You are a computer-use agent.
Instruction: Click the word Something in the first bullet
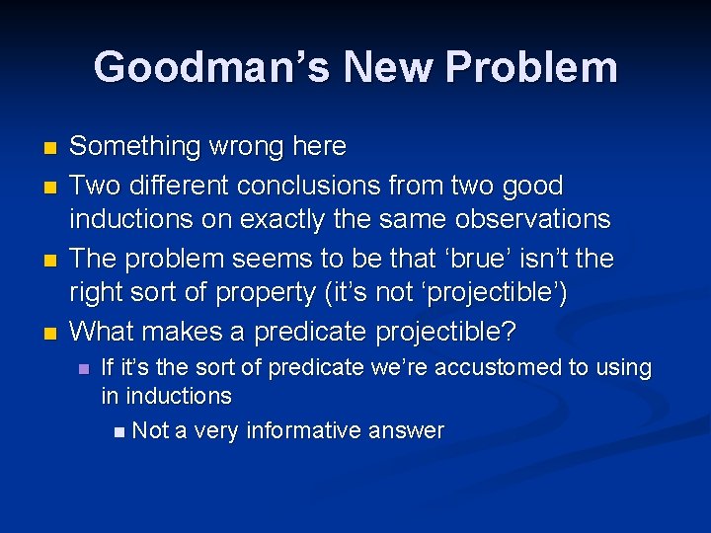135,147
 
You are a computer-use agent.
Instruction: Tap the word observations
525,220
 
